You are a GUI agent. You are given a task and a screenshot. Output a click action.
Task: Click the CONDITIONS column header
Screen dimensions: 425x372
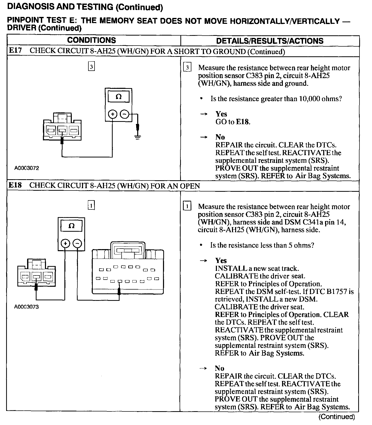pyautogui.click(x=91, y=40)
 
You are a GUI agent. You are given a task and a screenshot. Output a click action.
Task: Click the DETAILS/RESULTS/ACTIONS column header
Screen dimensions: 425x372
pyautogui.click(x=270, y=41)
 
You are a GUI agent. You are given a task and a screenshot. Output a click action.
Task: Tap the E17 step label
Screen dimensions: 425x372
pyautogui.click(x=15, y=50)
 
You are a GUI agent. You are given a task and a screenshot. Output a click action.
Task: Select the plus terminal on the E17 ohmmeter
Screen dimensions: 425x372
pyautogui.click(x=113, y=114)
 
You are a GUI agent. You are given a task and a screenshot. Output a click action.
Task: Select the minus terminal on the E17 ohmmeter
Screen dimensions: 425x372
pyautogui.click(x=124, y=114)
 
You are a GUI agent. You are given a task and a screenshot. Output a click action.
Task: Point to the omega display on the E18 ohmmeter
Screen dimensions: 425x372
pyautogui.click(x=72, y=226)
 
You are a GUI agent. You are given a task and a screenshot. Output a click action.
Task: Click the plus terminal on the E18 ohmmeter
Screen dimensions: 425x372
pyautogui.click(x=65, y=243)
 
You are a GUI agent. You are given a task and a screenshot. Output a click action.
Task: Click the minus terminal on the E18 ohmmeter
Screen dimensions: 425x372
pyautogui.click(x=78, y=243)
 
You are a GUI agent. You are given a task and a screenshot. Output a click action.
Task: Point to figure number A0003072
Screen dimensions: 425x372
pyautogui.click(x=27, y=168)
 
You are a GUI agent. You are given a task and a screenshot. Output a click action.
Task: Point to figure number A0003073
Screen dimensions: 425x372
pyautogui.click(x=27, y=307)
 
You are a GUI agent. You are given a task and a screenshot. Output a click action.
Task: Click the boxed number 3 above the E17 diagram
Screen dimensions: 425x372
pyautogui.click(x=91, y=67)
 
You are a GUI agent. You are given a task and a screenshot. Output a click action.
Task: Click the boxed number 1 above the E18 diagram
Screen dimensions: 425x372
pyautogui.click(x=91, y=205)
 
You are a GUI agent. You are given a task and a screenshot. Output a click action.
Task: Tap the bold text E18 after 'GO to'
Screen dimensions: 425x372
pyautogui.click(x=242, y=122)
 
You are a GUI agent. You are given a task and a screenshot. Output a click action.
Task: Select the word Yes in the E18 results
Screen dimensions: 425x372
pyautogui.click(x=221, y=261)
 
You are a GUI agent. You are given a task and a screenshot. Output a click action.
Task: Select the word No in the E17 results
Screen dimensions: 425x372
pyautogui.click(x=220, y=137)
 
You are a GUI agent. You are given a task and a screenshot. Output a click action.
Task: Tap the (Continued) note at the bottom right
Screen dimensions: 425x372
pyautogui.click(x=337, y=417)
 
